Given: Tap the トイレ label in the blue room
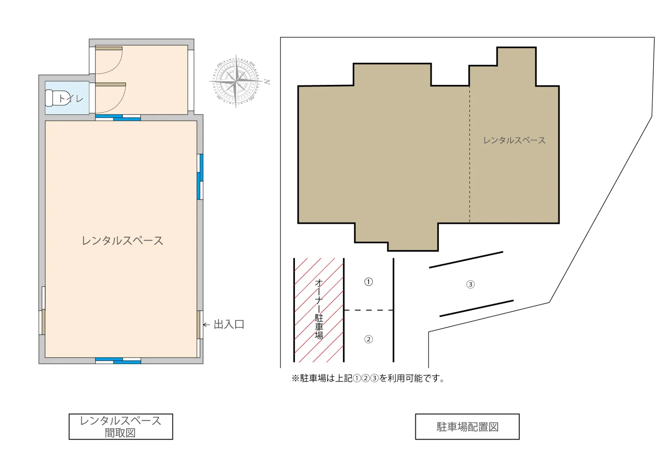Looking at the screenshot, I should click(71, 99).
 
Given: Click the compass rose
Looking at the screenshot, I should click(236, 81).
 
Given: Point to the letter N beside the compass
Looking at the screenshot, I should click(267, 82).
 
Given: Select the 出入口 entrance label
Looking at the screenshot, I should click(229, 324).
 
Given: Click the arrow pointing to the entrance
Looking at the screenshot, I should click(207, 325).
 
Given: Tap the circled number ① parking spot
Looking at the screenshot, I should click(368, 282).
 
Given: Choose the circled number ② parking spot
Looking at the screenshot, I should click(368, 339).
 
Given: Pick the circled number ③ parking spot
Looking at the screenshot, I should click(470, 284).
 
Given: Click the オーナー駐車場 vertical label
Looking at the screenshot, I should click(319, 309).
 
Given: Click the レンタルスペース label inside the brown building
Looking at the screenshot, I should click(514, 141).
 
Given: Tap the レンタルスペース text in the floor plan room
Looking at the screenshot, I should click(122, 240).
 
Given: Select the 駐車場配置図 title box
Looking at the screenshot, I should click(467, 426).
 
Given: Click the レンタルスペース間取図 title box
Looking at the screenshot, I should click(121, 426).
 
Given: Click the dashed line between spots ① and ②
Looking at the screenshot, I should click(369, 310).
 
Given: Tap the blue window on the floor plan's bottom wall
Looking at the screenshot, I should click(118, 360).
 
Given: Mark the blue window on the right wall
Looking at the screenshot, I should click(200, 177).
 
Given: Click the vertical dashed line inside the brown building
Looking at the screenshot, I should click(470, 154).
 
